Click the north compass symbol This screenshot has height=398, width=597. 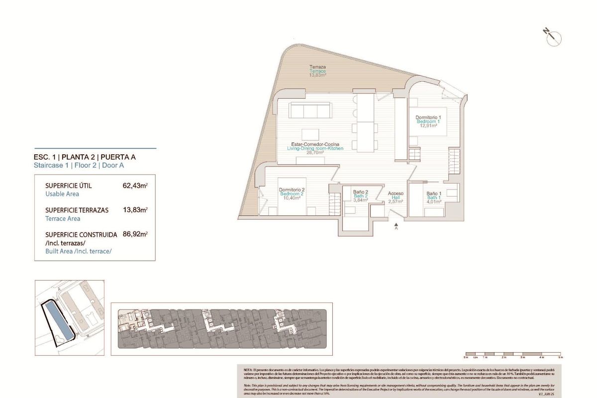552,36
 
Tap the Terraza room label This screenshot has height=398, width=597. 317,67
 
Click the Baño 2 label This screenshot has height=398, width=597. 360,192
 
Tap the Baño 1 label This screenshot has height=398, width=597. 434,194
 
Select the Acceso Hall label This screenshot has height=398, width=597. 396,194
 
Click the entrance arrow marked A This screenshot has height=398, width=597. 396,226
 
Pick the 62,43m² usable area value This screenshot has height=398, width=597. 135,186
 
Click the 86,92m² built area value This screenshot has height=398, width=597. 135,234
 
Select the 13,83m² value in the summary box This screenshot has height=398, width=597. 135,210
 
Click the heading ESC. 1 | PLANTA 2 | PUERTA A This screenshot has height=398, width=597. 85,157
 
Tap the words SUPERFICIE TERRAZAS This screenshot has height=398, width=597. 77,210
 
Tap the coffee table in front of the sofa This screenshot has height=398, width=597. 310,135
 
